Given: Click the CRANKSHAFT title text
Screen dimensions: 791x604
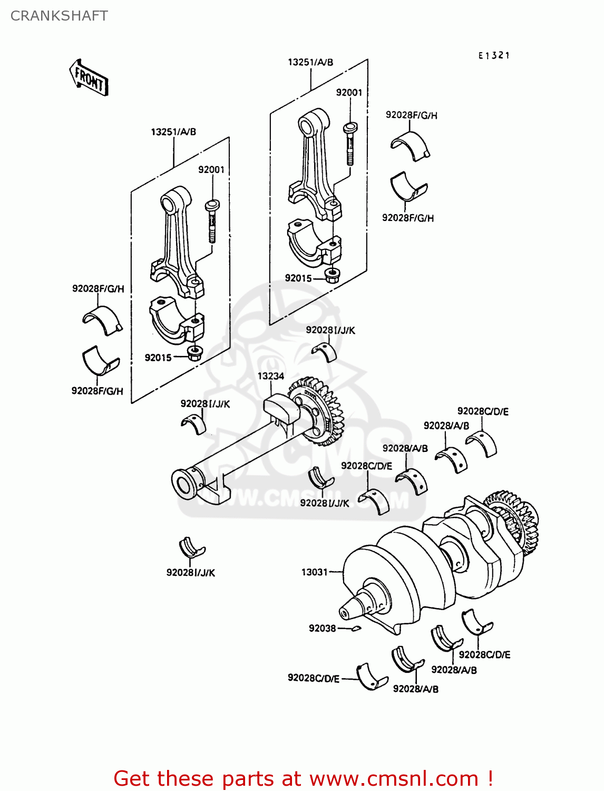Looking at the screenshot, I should (59, 16).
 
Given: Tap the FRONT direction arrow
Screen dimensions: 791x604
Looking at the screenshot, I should (89, 79).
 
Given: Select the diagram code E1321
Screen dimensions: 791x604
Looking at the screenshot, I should (494, 55).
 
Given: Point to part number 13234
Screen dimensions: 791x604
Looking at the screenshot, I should (270, 376).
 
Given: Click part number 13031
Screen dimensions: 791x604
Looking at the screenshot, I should (314, 572).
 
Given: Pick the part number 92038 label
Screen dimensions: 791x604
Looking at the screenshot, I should (322, 628).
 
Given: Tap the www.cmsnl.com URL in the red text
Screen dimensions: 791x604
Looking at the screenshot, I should (393, 778).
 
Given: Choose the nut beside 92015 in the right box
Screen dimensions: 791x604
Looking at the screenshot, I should (332, 275).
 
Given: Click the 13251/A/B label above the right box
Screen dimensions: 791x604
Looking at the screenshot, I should (310, 62).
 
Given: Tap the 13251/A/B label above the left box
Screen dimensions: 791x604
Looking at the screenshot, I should (173, 132).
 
